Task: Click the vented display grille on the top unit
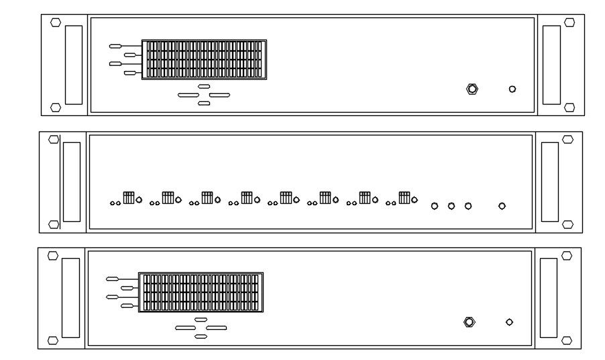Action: coord(204,59)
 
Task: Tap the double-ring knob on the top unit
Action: coord(472,88)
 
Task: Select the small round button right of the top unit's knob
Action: coord(512,88)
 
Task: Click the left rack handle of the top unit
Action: coord(74,64)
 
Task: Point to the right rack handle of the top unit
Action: coord(551,64)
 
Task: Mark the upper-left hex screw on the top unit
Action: coord(56,22)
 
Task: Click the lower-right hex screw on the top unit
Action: coord(569,107)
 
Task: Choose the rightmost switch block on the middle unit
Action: coord(404,198)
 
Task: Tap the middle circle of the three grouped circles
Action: coord(451,206)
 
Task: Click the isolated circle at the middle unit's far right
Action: coord(502,206)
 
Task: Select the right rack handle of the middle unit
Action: coord(550,182)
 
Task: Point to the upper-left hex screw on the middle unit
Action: coord(54,139)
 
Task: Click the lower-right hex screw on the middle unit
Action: coord(567,224)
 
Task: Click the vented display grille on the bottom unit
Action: coord(201,292)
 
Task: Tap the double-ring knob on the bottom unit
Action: coord(470,322)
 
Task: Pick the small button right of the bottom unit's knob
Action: coord(509,322)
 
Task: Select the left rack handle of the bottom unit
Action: coord(70,297)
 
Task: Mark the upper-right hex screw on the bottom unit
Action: coord(567,255)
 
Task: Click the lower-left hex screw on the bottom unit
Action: coord(52,341)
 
